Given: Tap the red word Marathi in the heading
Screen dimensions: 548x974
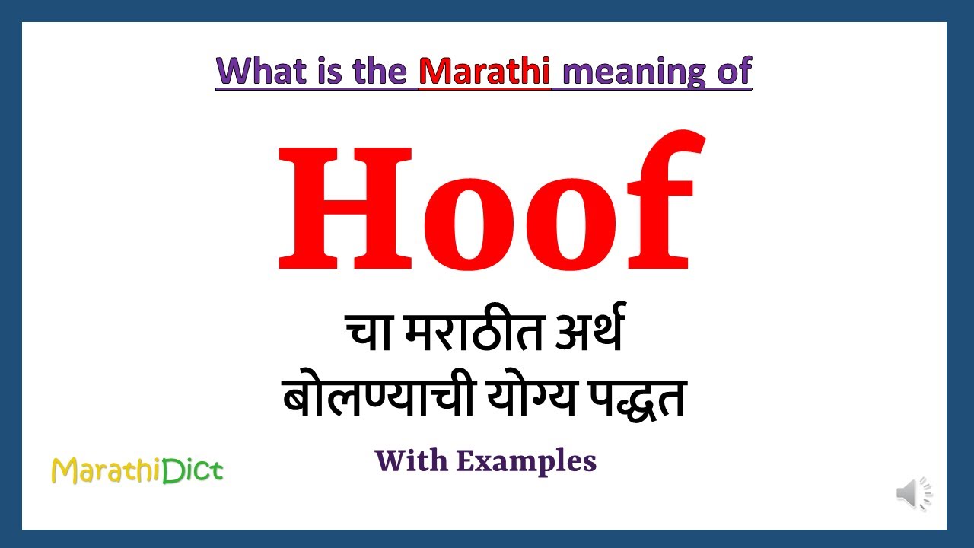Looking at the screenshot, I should coord(484,72).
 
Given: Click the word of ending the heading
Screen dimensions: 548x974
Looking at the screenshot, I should coord(734,72).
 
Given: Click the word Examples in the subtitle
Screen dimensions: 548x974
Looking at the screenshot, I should coord(526,460).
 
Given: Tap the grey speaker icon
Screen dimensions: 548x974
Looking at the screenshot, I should coord(914,494).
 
